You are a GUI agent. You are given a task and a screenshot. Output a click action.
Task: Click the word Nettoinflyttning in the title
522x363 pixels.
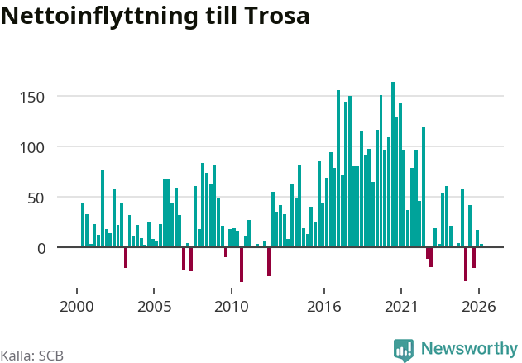point(99,17)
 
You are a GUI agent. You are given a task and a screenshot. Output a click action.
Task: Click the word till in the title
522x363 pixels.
point(221,16)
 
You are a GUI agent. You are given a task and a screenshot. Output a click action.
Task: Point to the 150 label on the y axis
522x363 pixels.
point(32,98)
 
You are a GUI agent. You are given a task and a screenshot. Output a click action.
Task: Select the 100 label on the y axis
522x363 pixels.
point(32,148)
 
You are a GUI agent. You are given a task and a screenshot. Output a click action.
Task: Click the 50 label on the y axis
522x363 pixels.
point(36,198)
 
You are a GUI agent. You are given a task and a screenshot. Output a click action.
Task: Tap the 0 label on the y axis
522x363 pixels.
point(41,249)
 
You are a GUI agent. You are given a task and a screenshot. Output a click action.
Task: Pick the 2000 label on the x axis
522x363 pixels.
point(77,307)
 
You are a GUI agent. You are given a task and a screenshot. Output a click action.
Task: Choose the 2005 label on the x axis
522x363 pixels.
point(154,307)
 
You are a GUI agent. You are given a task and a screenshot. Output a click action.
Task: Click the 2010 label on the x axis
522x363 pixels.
point(232,307)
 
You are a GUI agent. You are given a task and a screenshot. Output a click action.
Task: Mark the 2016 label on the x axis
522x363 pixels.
point(324,307)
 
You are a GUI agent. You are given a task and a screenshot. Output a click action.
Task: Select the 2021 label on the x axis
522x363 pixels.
point(401,307)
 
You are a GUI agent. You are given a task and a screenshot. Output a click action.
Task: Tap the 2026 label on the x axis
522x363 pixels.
point(479,307)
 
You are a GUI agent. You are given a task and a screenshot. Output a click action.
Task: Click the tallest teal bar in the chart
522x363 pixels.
point(393,165)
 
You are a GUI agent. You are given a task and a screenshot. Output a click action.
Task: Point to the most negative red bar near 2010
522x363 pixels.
point(242,265)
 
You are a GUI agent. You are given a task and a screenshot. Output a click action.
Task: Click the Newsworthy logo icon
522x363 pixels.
point(404,350)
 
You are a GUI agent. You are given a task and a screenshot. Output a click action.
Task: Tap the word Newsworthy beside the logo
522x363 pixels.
point(469,348)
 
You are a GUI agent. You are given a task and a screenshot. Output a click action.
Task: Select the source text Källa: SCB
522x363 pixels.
point(31,356)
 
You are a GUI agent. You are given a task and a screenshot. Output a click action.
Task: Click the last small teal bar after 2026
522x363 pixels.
point(481,246)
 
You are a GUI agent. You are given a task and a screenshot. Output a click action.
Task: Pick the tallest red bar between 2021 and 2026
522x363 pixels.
point(466,264)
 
